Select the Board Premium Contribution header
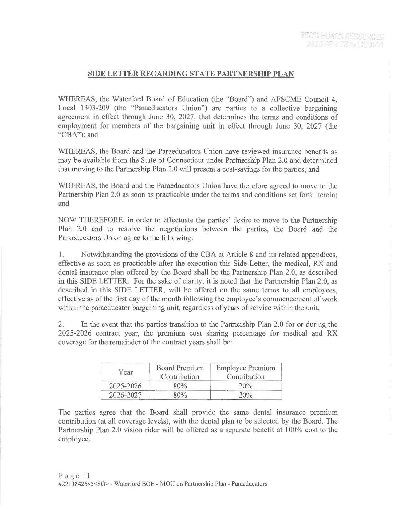[x=180, y=372]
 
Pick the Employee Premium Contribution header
[x=246, y=372]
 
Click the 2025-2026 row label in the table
[x=125, y=386]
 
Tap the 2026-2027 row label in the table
[x=125, y=395]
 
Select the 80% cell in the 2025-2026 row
[x=180, y=386]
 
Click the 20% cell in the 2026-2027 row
[x=246, y=395]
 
